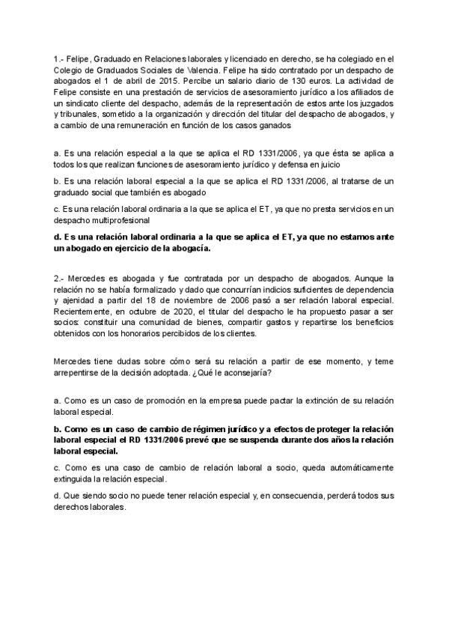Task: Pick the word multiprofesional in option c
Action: [120, 220]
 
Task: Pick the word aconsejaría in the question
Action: [246, 372]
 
